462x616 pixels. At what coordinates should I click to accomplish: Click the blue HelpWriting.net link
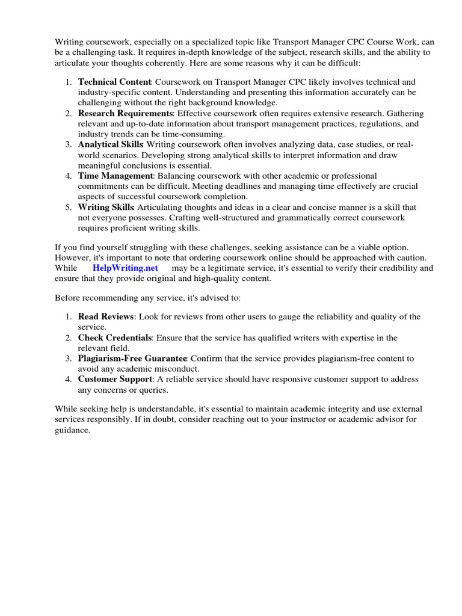[x=125, y=268]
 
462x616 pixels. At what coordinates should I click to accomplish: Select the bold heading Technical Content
[x=114, y=81]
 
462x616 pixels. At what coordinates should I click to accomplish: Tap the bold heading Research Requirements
[x=125, y=113]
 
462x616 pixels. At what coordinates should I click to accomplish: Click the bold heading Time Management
[x=115, y=176]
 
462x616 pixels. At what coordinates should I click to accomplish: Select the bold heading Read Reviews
[x=105, y=316]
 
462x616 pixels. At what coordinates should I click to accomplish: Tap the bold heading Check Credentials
[x=114, y=337]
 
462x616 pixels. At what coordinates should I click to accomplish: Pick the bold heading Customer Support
[x=114, y=379]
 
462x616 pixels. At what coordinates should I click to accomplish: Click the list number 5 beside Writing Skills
[x=69, y=207]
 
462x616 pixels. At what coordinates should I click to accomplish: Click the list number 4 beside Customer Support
[x=69, y=379]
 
